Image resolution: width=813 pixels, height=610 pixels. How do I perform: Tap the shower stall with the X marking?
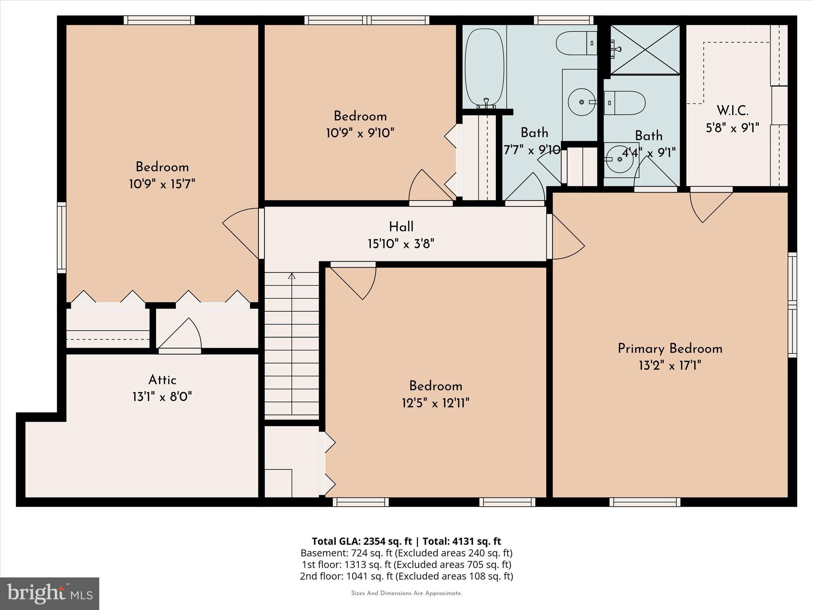(645, 50)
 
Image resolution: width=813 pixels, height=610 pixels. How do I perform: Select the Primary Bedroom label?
(670, 349)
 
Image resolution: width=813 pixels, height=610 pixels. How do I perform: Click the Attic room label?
(162, 380)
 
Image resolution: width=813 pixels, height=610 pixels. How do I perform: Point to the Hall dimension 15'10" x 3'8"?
(401, 243)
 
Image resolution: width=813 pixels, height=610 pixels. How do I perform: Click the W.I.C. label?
(732, 110)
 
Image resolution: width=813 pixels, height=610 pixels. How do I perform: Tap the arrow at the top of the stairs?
(292, 276)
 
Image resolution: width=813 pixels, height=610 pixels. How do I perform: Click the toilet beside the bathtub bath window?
(576, 43)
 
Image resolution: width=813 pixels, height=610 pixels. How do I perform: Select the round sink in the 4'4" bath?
(619, 159)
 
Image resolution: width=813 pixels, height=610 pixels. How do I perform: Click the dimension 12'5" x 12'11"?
(435, 403)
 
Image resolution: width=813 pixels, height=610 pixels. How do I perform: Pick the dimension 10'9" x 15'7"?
(162, 184)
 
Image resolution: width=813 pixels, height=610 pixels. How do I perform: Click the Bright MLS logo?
(50, 593)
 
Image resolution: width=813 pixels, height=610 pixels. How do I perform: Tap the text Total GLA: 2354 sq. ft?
(362, 541)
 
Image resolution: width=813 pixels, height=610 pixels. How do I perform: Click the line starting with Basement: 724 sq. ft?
(406, 553)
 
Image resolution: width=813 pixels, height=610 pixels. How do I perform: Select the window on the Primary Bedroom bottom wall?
(645, 502)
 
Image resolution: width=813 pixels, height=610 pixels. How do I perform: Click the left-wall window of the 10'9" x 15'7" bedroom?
(62, 237)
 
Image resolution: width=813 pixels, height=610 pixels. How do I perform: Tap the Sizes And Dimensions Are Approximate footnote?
(406, 593)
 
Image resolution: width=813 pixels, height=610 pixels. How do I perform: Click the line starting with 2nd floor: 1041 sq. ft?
(406, 576)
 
